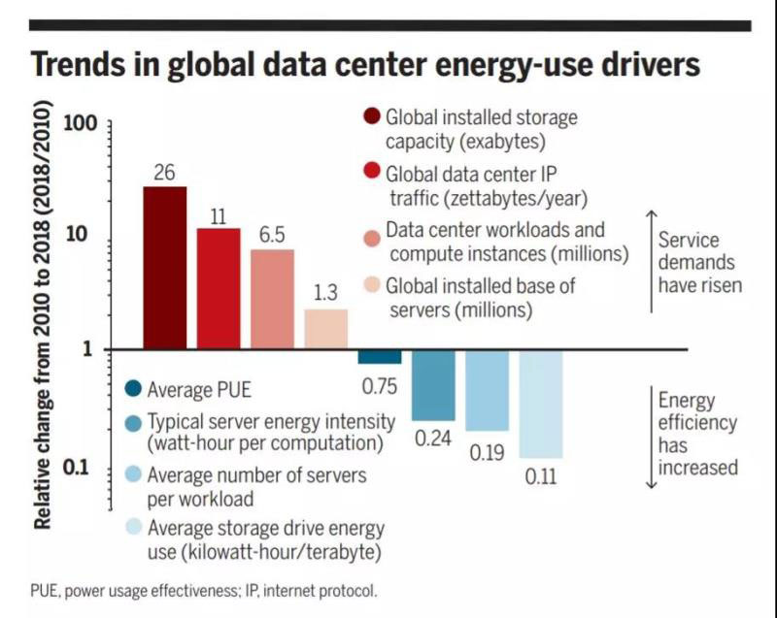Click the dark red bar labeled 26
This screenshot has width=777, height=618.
pos(165,267)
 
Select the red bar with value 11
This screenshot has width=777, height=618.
pos(219,288)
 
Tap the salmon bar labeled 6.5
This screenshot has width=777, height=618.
pos(272,299)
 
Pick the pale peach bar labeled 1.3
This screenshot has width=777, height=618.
pos(325,329)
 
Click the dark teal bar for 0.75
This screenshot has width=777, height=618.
pos(380,357)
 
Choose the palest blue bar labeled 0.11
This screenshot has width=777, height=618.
pos(541,404)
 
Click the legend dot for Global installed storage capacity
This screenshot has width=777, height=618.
pos(370,117)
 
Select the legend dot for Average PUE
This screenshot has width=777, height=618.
pos(133,391)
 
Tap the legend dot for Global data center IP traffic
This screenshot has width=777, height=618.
pos(370,176)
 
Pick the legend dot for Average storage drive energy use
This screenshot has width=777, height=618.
pos(133,528)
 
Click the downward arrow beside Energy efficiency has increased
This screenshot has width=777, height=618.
pos(652,437)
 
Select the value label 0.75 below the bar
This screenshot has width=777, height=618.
pos(380,386)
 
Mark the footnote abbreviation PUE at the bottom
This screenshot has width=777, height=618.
pos(45,591)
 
